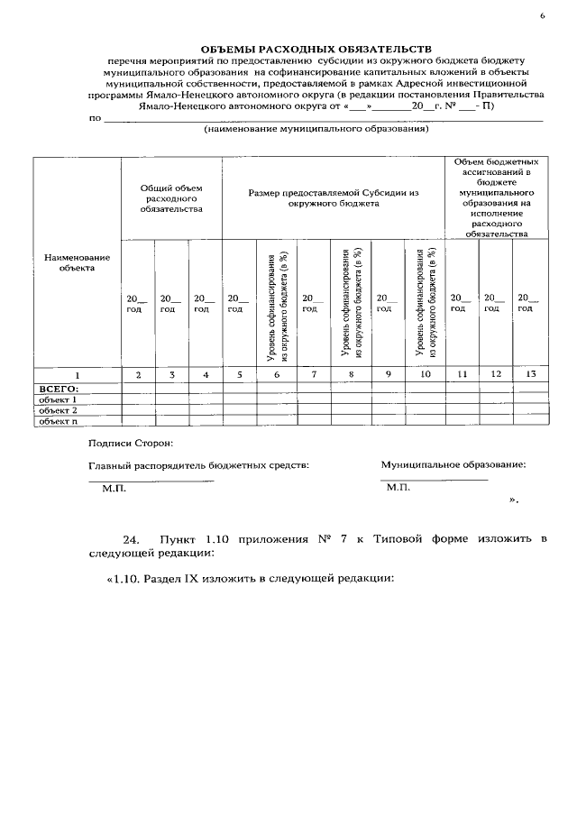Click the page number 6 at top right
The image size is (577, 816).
tap(544, 16)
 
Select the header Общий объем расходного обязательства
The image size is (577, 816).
tap(171, 197)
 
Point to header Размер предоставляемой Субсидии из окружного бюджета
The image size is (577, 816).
tap(334, 197)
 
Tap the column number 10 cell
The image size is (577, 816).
tap(426, 373)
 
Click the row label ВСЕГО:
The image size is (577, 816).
tap(57, 388)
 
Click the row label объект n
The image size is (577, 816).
tap(56, 420)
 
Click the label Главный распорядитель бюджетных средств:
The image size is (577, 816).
tap(198, 465)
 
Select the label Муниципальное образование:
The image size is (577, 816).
tap(453, 465)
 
